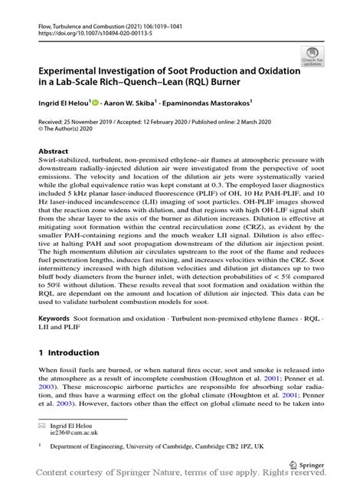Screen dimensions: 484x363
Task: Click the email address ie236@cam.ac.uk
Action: pyautogui.click(x=75, y=432)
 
